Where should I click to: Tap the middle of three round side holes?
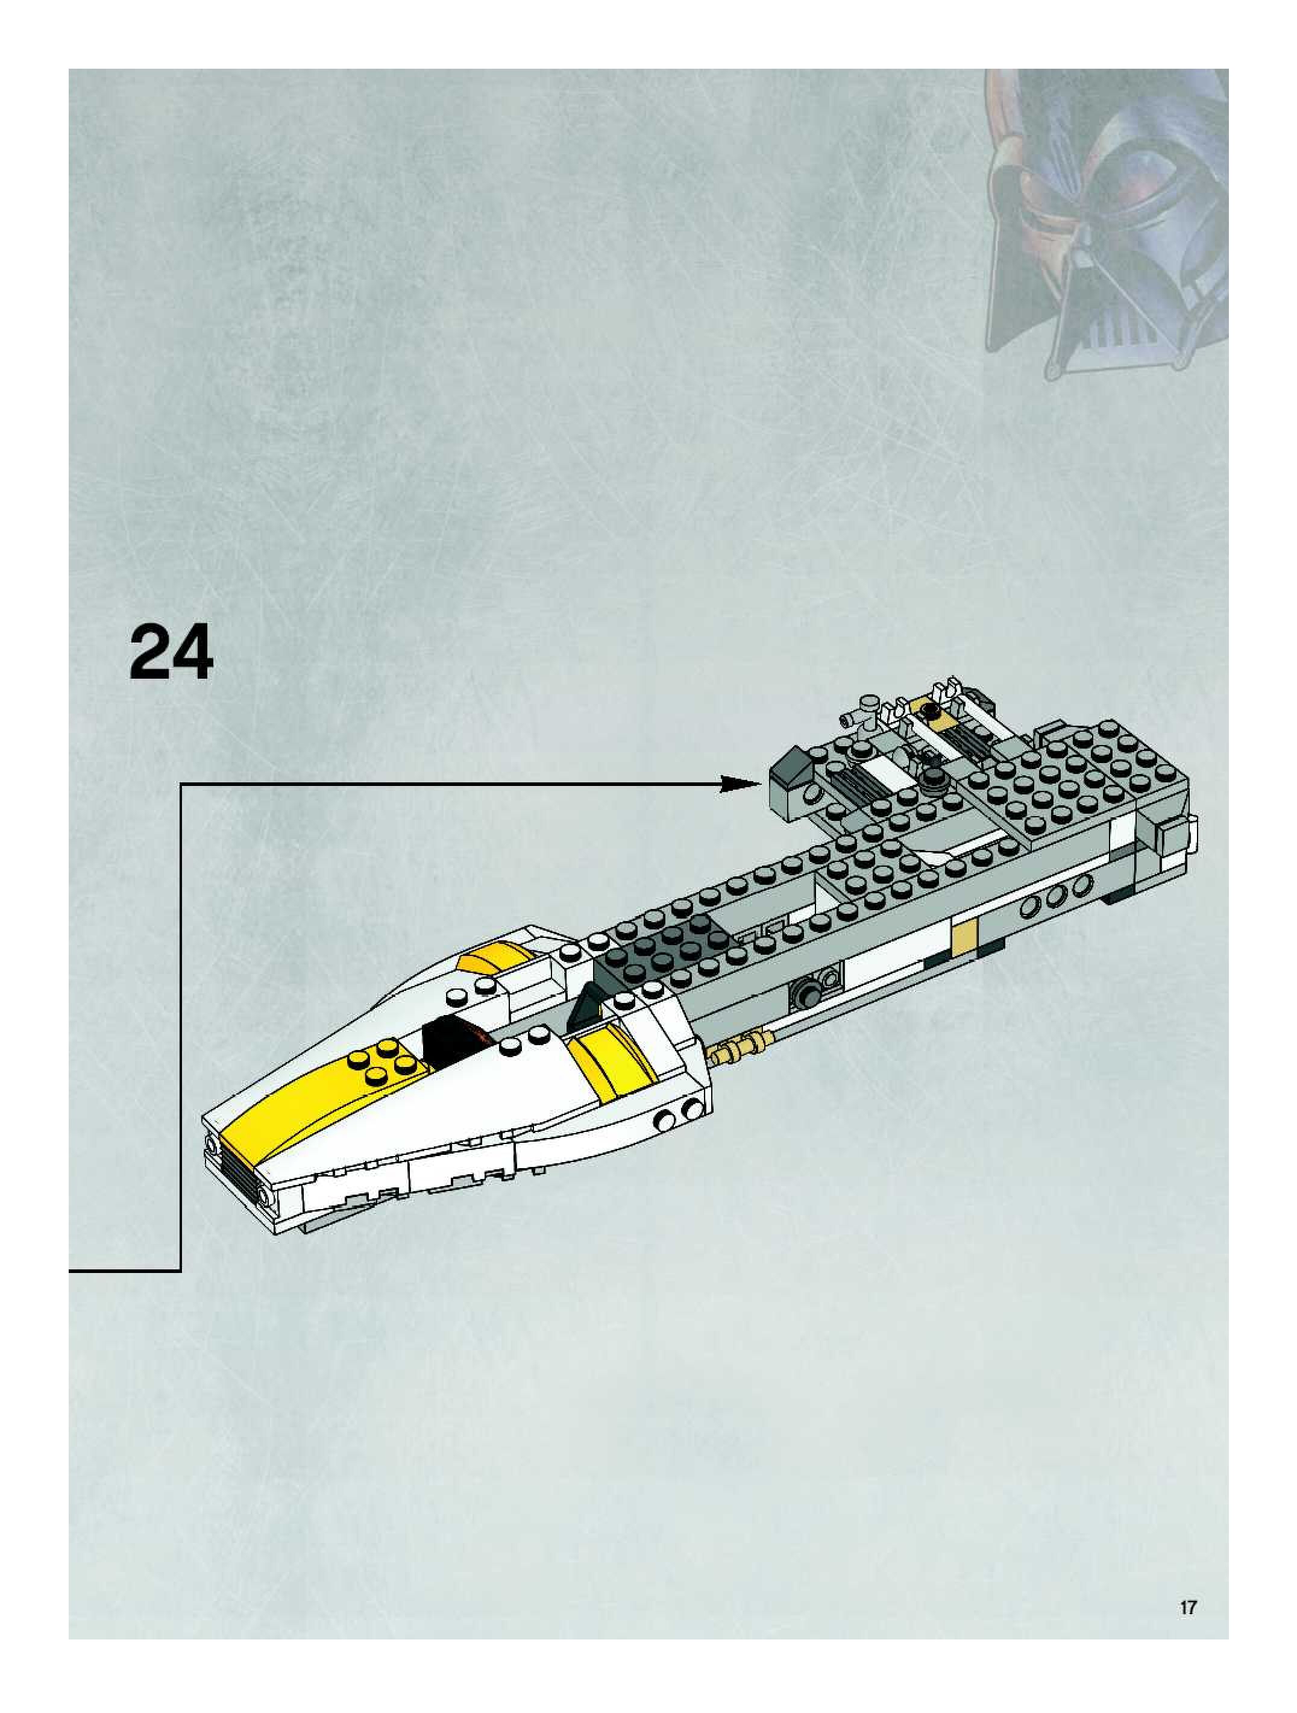click(x=1055, y=896)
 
